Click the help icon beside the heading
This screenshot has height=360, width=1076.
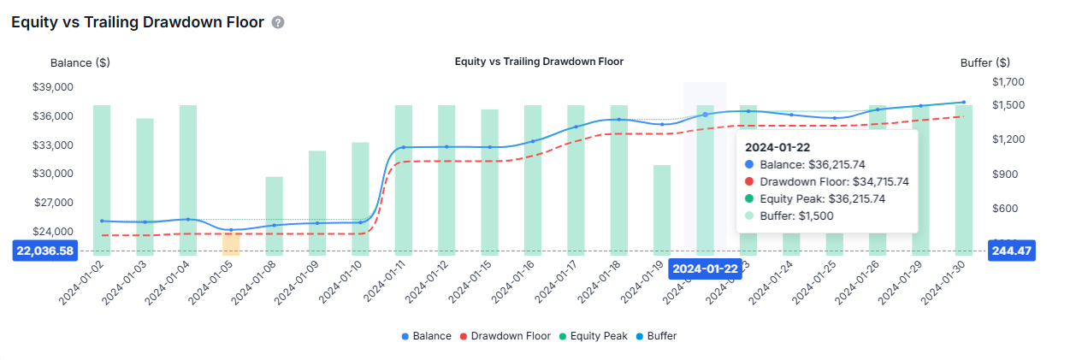[278, 22]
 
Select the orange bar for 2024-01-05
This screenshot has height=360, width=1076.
[231, 243]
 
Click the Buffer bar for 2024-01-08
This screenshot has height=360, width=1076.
[274, 215]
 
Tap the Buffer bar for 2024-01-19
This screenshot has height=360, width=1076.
[662, 210]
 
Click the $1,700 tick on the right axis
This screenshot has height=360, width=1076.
[1008, 82]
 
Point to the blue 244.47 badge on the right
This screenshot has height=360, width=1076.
[1013, 251]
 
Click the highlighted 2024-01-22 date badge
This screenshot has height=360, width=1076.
[705, 269]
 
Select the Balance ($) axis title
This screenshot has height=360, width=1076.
[80, 62]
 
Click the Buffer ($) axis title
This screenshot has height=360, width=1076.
[984, 62]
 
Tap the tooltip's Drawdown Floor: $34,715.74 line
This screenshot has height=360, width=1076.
[826, 181]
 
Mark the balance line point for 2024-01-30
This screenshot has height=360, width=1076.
[964, 103]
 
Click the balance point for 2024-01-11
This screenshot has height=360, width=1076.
[404, 148]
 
